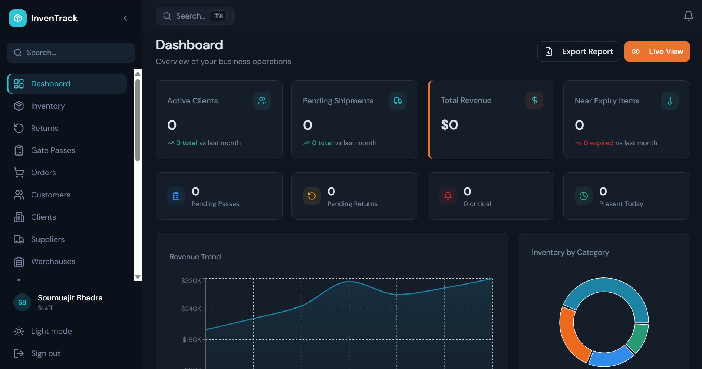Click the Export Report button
point(579,51)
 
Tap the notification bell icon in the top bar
point(688,16)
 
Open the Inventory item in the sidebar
point(47,106)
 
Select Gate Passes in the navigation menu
point(53,150)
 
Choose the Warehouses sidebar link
point(53,262)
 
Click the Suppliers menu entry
point(47,239)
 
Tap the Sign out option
point(45,353)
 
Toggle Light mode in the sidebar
point(51,331)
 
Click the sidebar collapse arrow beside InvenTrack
point(125,18)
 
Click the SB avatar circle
point(22,302)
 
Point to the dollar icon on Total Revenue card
point(534,100)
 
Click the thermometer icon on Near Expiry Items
point(669,101)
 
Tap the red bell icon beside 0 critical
point(448,196)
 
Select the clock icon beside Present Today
point(583,196)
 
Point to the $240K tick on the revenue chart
point(191,309)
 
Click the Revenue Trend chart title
point(195,257)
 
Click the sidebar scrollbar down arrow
point(138,277)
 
